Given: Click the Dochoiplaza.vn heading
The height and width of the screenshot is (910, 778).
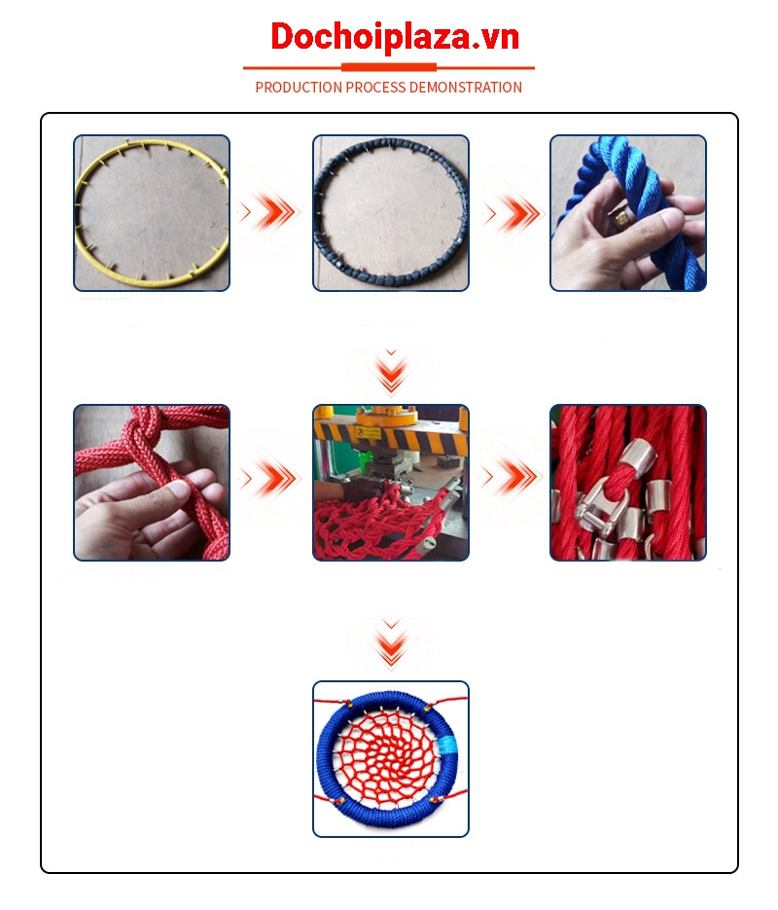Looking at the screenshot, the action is (395, 37).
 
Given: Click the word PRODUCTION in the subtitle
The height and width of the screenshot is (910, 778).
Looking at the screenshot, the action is (300, 88).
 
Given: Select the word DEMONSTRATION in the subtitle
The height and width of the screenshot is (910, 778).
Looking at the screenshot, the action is (466, 88).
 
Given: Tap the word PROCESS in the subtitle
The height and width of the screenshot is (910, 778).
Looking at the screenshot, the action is (375, 88).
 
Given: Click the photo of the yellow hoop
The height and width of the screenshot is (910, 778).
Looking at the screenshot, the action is (152, 213).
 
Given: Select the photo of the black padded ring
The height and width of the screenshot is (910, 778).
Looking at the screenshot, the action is (391, 213).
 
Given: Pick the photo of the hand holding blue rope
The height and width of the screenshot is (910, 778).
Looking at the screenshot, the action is (628, 213).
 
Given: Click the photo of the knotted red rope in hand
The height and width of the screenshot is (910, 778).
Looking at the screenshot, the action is (152, 483).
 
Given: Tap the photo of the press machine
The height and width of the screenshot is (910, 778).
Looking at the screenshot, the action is (391, 483).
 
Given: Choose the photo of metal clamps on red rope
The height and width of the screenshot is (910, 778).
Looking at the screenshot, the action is (628, 483).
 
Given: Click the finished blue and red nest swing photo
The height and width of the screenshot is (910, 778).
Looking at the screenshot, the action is (391, 759).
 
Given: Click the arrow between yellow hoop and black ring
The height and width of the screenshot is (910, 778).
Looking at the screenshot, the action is (271, 212).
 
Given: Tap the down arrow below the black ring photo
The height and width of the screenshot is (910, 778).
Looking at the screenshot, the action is (391, 372).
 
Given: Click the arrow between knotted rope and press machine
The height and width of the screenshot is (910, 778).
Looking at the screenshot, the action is (271, 478).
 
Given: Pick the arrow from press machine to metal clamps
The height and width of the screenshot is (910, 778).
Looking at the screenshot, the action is (513, 477).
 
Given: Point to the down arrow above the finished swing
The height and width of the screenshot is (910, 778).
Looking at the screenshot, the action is (391, 643).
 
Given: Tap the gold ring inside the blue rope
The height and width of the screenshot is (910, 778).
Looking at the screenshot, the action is (621, 218).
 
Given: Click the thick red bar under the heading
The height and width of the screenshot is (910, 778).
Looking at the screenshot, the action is (388, 67).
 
